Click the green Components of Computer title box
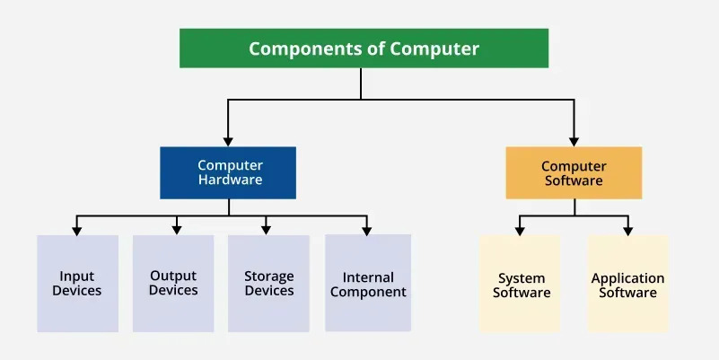click(x=364, y=48)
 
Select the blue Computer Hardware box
click(x=228, y=172)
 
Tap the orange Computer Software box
click(x=574, y=172)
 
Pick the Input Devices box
click(x=77, y=284)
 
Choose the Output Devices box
click(x=173, y=284)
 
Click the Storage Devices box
click(x=268, y=284)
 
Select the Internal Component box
click(x=368, y=284)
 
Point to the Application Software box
click(x=627, y=285)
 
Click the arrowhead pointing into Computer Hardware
click(x=228, y=141)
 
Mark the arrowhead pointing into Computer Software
click(x=574, y=141)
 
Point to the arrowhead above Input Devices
click(x=77, y=230)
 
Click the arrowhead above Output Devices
click(x=177, y=230)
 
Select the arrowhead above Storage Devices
click(x=267, y=230)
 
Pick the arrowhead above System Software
click(x=519, y=231)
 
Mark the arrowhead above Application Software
click(x=627, y=231)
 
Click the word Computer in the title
click(x=435, y=48)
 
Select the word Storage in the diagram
click(x=269, y=277)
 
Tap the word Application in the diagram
click(x=627, y=278)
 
